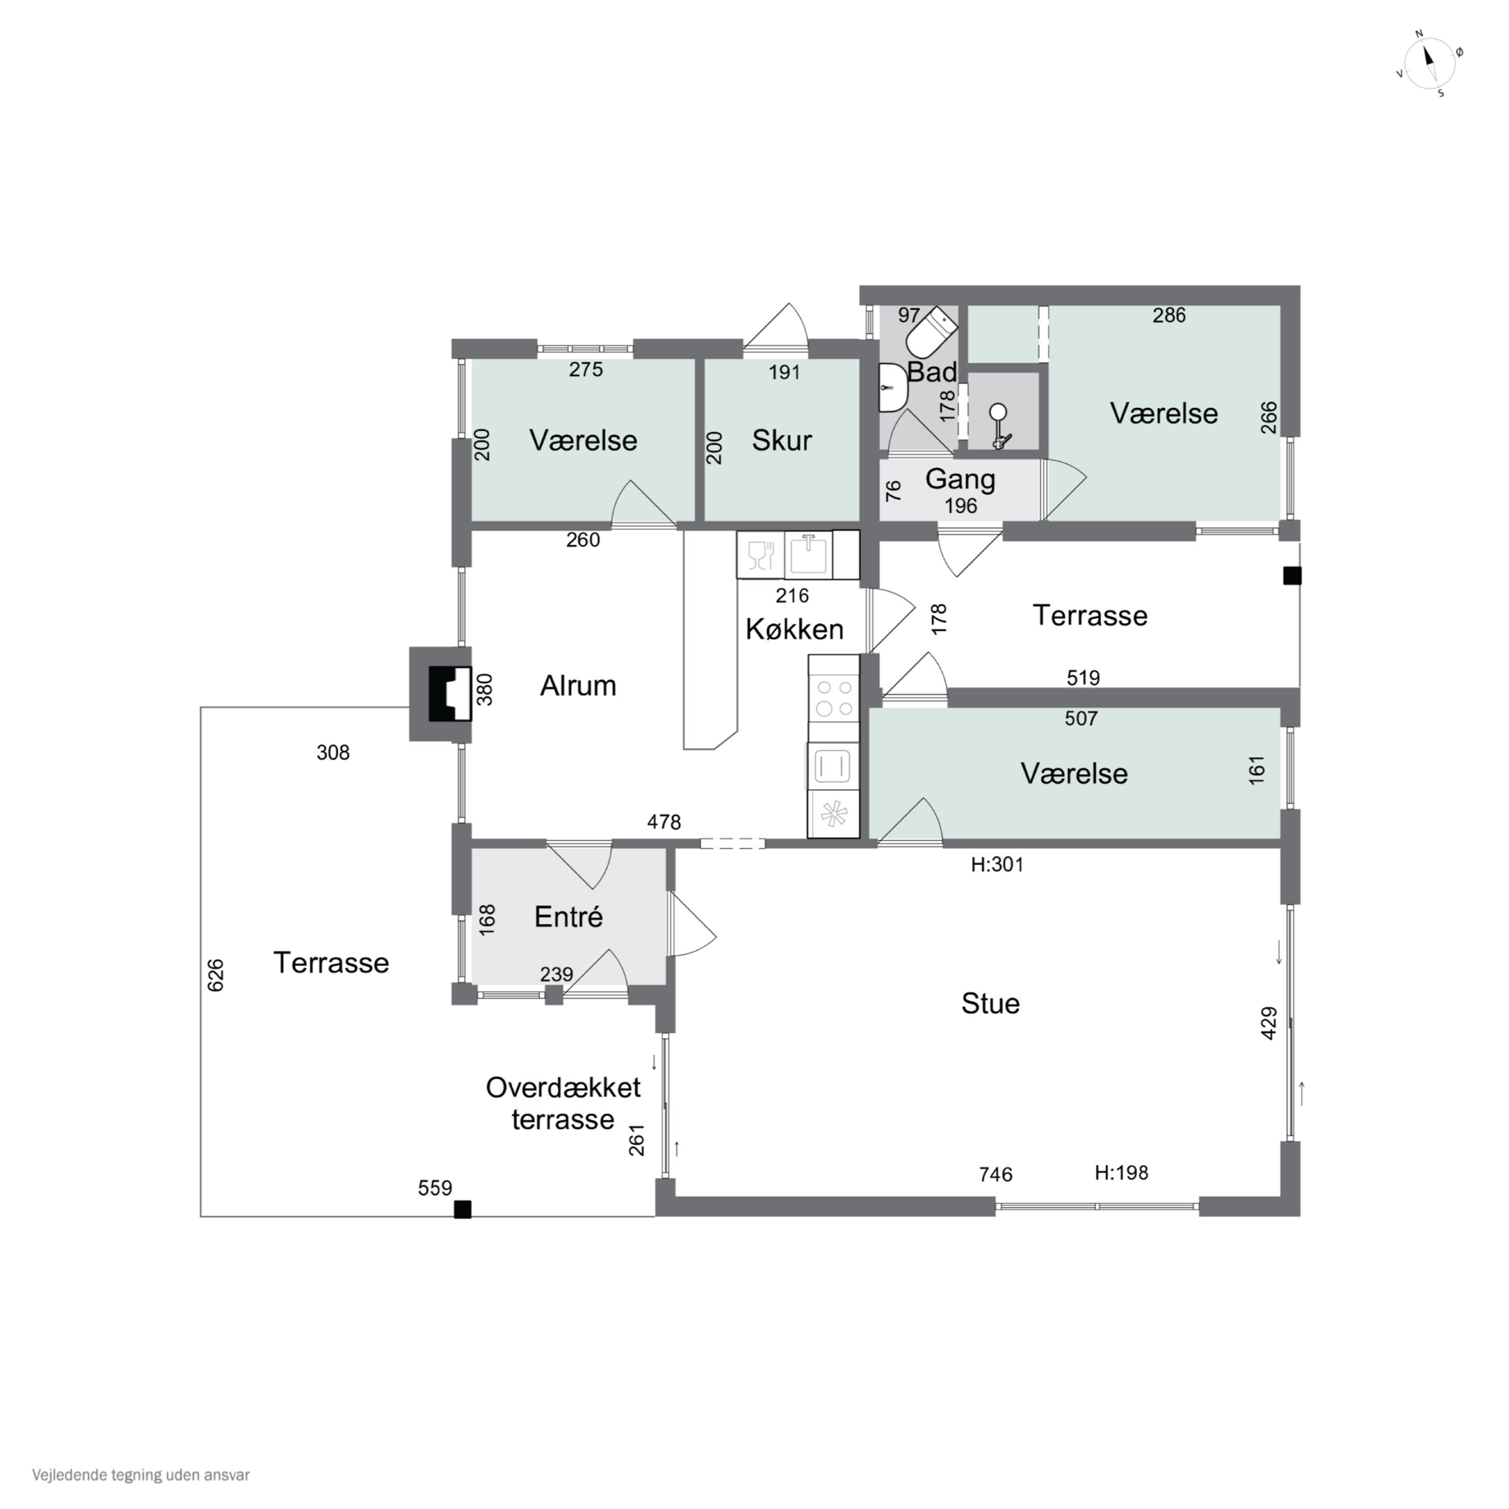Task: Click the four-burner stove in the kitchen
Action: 833,698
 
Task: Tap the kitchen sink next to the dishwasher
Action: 808,554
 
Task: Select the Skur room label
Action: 782,441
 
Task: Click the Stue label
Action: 990,1003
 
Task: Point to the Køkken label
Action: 794,630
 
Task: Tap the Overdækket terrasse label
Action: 563,1104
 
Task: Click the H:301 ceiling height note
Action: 997,865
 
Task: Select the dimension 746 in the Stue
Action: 996,1175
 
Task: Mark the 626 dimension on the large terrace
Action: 216,975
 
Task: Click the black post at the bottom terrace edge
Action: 463,1210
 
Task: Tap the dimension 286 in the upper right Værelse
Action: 1169,315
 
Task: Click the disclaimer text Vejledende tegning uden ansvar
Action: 141,1475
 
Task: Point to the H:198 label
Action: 1122,1173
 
